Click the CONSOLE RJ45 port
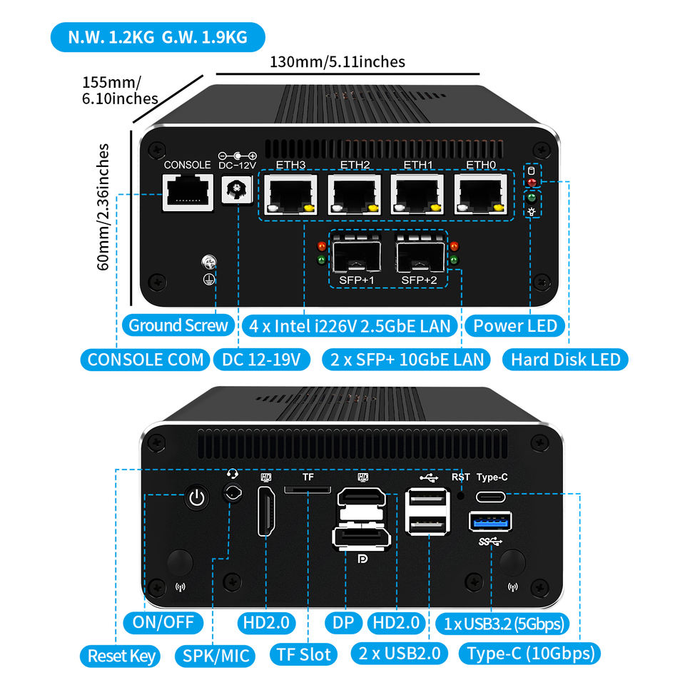point(188,193)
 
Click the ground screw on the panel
point(210,263)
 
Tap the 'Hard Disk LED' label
point(565,359)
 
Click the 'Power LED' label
point(515,326)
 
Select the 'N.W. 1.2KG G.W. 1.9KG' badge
point(157,37)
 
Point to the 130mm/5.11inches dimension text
point(337,61)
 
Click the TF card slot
point(308,490)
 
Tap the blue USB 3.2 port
point(490,522)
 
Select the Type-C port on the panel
point(492,497)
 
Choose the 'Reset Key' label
point(121,655)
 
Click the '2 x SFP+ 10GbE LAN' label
point(405,359)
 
